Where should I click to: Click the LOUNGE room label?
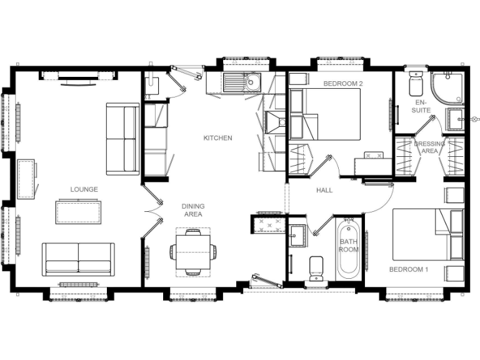tap(84, 189)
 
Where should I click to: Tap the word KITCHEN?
tap(217, 138)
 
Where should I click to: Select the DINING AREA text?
tap(192, 210)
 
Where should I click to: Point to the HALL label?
tap(324, 190)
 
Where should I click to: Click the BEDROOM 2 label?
tap(342, 83)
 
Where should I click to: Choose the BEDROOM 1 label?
tap(408, 270)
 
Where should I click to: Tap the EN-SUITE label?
tap(422, 106)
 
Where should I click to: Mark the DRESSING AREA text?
tap(429, 147)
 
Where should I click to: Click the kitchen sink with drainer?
tap(243, 81)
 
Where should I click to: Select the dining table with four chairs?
tap(192, 252)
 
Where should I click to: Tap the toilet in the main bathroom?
tap(317, 267)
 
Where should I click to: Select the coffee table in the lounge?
tap(79, 211)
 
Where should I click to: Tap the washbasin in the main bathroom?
tap(296, 232)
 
